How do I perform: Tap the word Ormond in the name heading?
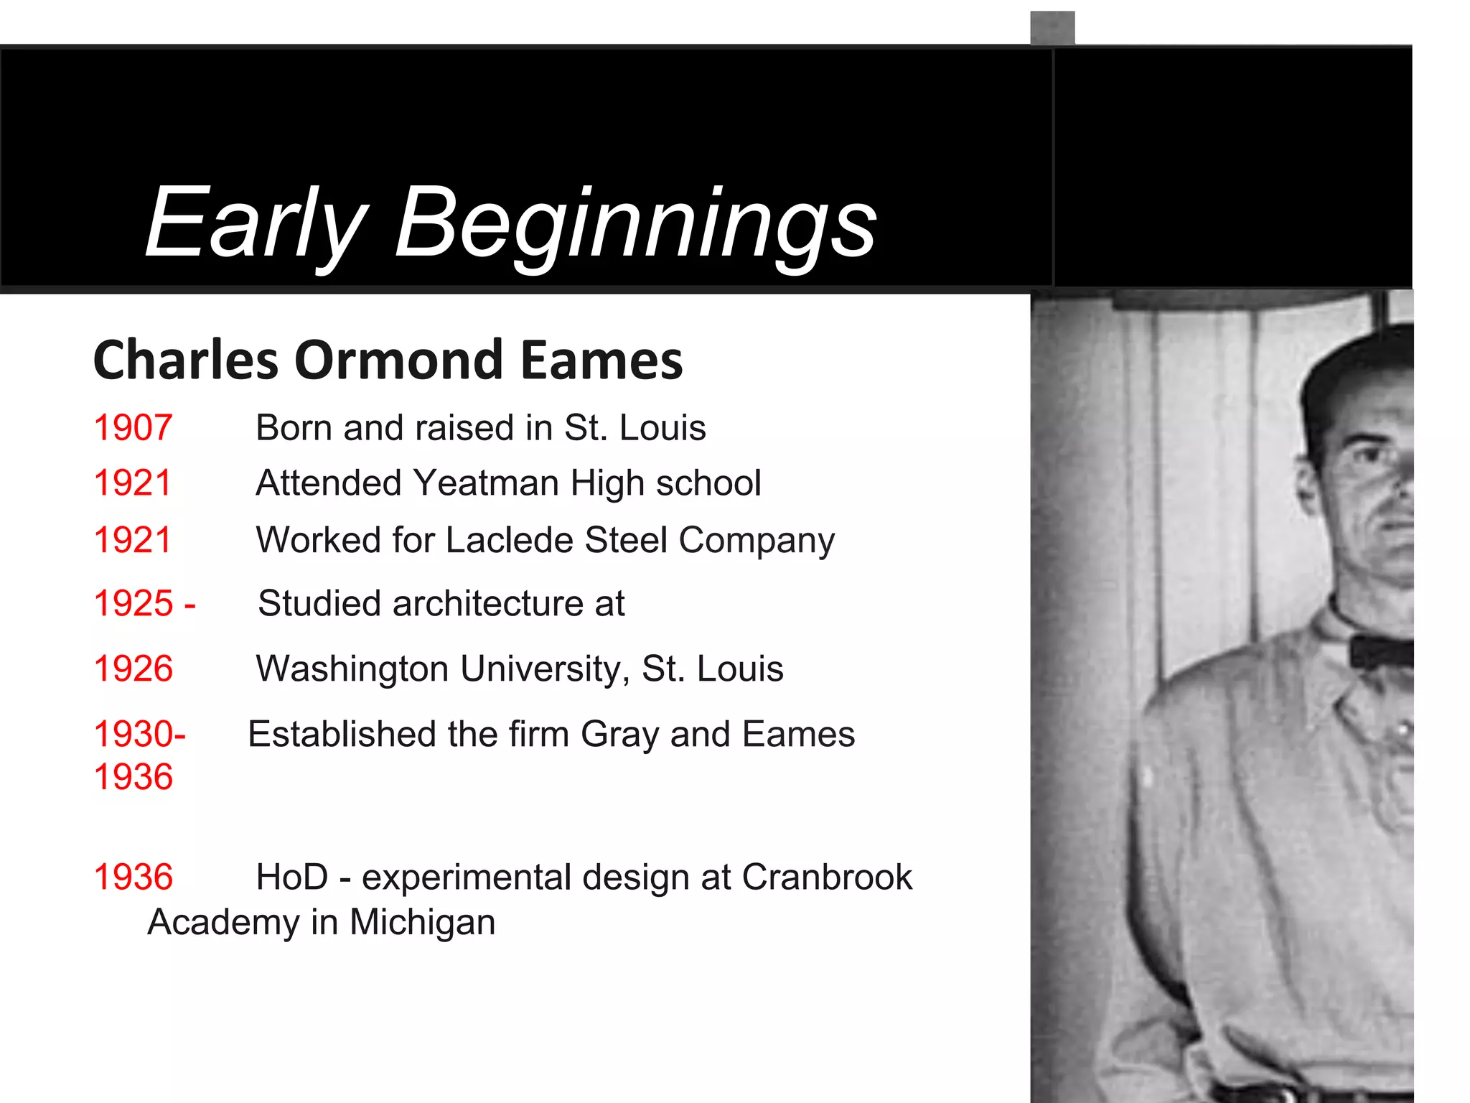398,360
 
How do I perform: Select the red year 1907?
133,428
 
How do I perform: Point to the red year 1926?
134,669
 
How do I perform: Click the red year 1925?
134,603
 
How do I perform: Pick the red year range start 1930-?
139,735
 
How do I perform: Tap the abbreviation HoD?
292,878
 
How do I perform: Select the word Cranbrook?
826,878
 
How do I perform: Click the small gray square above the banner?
1052,28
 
